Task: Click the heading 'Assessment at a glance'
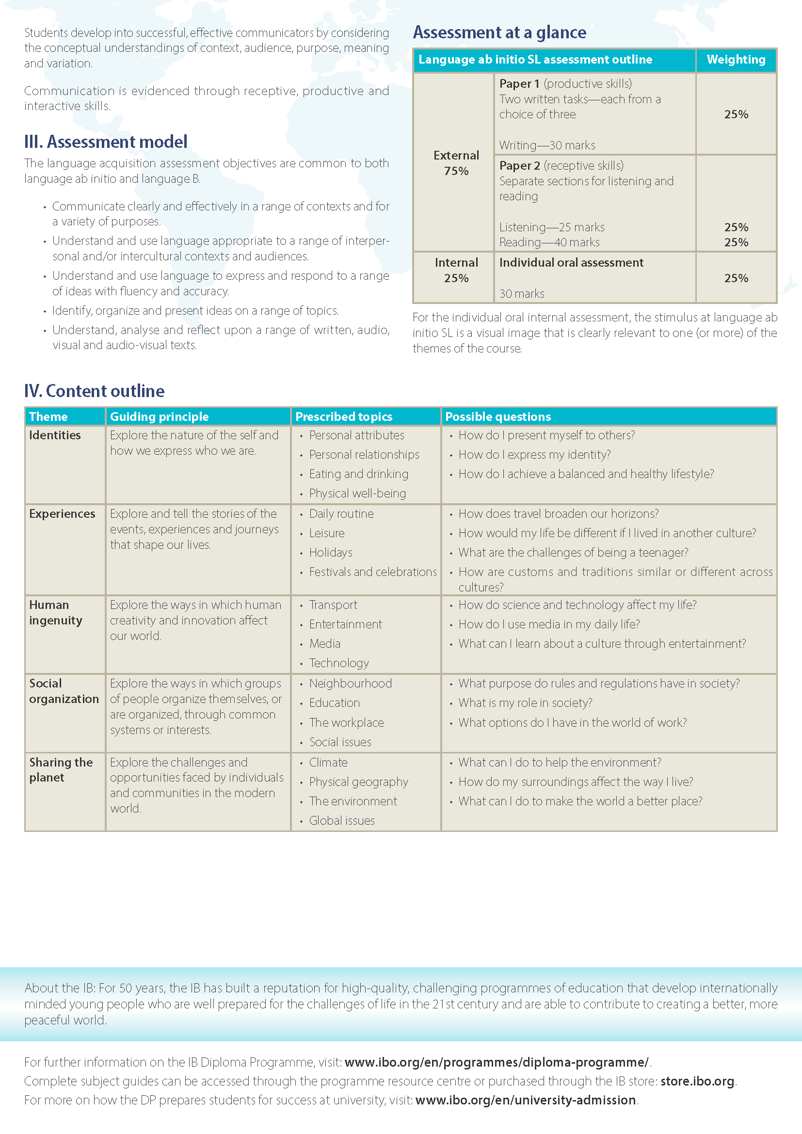point(499,32)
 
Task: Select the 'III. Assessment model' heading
point(106,142)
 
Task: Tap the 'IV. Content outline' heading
point(95,391)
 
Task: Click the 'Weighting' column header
point(736,60)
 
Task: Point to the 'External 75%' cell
point(456,163)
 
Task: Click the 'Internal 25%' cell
point(456,270)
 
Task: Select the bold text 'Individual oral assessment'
point(571,263)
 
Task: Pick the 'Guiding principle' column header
point(159,416)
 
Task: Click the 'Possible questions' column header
point(498,416)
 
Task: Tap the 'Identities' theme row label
point(55,435)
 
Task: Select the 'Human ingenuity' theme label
point(55,612)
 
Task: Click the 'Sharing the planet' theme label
point(61,769)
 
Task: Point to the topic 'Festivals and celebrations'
point(372,572)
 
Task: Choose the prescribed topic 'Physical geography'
point(358,782)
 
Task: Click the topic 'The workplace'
point(346,722)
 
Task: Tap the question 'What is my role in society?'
point(525,703)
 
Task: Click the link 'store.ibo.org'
point(697,1081)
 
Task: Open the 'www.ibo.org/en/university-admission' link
point(526,1100)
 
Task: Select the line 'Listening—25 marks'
point(552,227)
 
